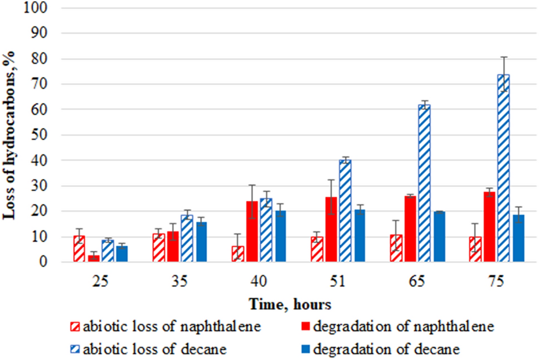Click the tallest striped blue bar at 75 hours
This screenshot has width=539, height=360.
pos(503,168)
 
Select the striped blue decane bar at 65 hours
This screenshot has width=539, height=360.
pos(424,183)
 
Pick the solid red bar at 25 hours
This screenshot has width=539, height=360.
pos(94,258)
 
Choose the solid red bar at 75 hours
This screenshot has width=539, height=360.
pos(489,227)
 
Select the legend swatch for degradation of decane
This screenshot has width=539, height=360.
pos(305,349)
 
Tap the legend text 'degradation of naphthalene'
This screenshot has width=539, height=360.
pos(404,327)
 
